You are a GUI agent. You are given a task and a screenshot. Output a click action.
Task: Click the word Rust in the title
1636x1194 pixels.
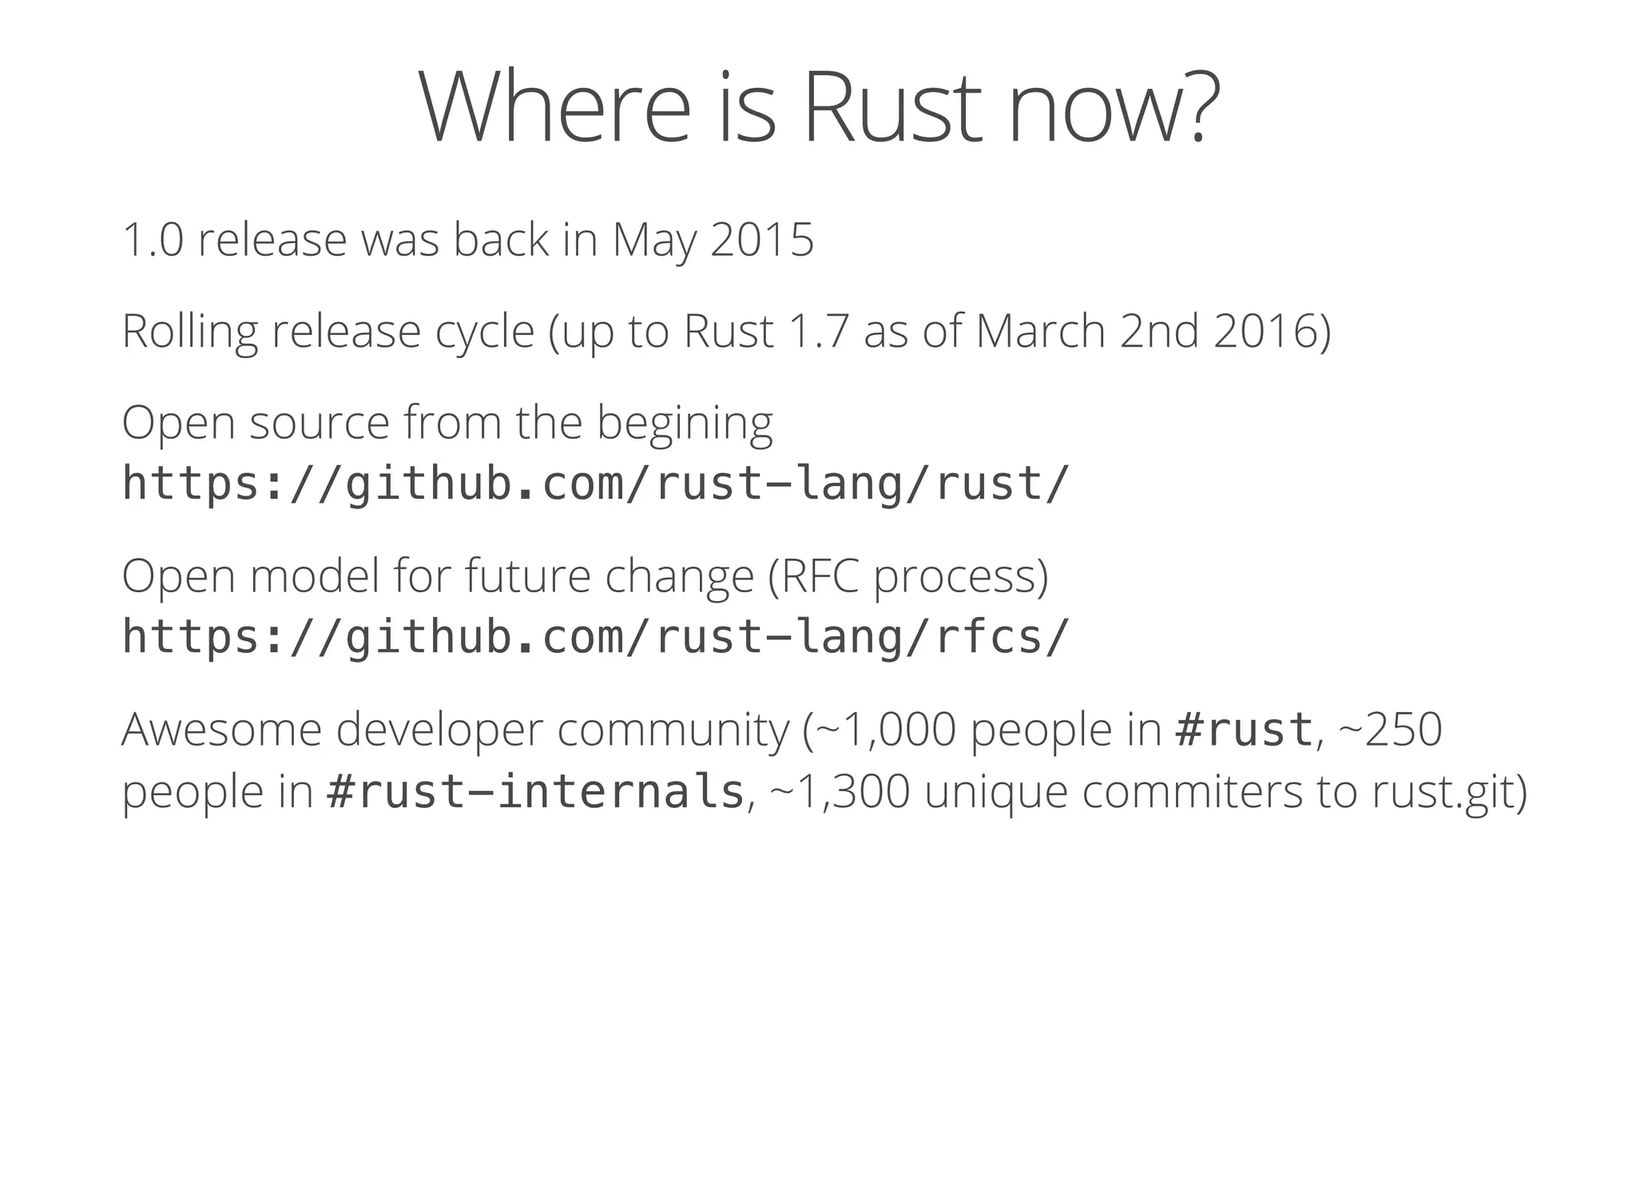[891, 108]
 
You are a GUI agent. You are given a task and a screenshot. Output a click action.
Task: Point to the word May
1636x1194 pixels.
[653, 241]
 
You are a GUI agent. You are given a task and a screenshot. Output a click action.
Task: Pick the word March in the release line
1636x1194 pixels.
[1040, 331]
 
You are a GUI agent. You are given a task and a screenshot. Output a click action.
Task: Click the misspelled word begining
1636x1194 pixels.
[685, 424]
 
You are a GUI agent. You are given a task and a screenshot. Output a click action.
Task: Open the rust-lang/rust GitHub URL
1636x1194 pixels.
[595, 484]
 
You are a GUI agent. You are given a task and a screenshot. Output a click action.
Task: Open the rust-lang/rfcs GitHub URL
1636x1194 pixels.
[595, 637]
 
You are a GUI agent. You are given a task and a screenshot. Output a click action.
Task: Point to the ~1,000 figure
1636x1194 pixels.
[887, 730]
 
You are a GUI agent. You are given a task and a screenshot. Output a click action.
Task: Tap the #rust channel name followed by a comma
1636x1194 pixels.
[1244, 730]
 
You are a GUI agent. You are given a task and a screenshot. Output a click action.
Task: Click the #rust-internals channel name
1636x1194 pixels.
[535, 792]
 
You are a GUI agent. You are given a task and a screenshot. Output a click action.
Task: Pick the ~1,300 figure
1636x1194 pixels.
[840, 792]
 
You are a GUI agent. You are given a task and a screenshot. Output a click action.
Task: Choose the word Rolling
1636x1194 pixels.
[190, 331]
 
